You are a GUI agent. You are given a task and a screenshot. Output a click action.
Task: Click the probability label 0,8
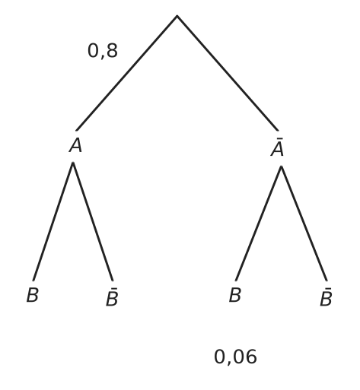pos(103,51)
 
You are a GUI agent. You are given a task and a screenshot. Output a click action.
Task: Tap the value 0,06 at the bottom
pos(235,357)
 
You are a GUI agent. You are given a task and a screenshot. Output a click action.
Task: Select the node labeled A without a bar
pos(75,146)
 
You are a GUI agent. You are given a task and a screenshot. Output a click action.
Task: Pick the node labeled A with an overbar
pos(277,147)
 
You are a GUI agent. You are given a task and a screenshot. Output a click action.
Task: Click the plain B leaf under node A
pos(33,295)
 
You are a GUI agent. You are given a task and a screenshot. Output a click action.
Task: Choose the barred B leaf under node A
pos(112,297)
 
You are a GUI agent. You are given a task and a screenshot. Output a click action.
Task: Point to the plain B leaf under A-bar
pos(234,295)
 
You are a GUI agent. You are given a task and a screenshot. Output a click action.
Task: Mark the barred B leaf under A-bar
pos(326,297)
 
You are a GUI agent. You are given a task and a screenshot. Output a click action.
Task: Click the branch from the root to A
pos(126,73)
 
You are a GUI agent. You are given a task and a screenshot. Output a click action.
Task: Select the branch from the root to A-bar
pos(228,73)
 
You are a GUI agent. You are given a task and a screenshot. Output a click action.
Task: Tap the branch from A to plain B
pos(53,221)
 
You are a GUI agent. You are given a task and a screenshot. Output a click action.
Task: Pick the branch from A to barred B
pos(93,221)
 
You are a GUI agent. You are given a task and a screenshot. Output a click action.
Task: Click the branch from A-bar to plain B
pos(258,224)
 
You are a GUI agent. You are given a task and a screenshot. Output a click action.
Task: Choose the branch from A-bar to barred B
pos(304,224)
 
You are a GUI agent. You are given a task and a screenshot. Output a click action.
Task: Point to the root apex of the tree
pos(177,16)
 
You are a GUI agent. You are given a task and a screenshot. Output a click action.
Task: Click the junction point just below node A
pos(73,163)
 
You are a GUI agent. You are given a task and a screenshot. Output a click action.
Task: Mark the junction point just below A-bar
pos(281,166)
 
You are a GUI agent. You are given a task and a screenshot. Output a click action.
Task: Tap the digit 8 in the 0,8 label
pos(112,50)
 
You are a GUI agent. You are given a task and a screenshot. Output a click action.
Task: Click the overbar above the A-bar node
pos(279,138)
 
